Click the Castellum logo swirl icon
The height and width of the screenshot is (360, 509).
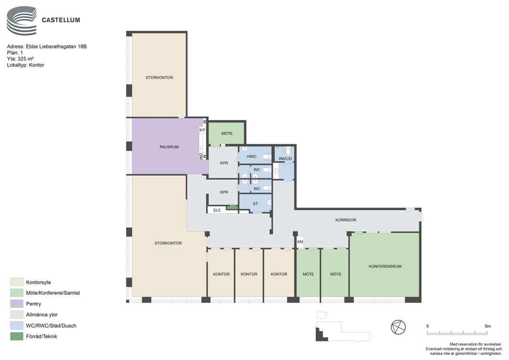[x=21, y=21]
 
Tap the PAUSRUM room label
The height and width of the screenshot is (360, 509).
[x=169, y=147]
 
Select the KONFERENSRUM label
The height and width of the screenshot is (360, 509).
[x=385, y=266]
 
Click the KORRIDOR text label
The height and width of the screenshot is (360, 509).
[x=346, y=220]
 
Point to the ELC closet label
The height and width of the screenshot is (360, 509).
[x=217, y=210]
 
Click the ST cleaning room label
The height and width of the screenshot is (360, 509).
[x=256, y=204]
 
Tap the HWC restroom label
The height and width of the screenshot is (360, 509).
[x=251, y=157]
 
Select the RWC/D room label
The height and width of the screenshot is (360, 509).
[x=285, y=159]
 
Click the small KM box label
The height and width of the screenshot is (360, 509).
[x=300, y=242]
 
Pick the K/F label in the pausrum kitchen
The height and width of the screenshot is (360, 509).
[x=202, y=130]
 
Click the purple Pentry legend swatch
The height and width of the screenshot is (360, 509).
[x=17, y=304]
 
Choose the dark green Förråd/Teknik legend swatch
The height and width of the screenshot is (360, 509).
[x=17, y=336]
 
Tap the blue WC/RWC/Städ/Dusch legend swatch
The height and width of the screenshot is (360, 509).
[x=17, y=326]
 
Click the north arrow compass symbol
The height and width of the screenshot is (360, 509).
[x=398, y=327]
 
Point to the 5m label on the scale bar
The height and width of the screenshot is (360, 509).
[x=488, y=326]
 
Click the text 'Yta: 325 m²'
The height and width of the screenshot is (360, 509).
[x=20, y=59]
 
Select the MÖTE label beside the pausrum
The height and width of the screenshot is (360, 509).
[x=227, y=134]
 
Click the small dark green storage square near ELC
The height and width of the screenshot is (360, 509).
[x=232, y=207]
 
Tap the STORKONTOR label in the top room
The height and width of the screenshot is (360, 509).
[x=159, y=78]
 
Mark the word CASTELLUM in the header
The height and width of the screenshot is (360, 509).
[x=61, y=20]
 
